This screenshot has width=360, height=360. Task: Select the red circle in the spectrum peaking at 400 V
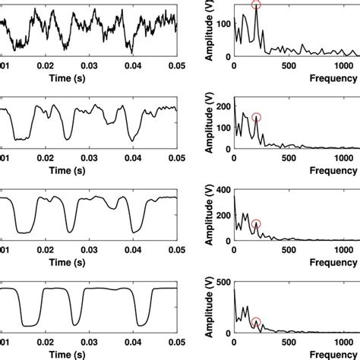[x=256, y=224]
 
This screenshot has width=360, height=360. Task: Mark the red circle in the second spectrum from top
[x=256, y=117]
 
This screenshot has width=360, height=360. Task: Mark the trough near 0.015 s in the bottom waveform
[x=31, y=324]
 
